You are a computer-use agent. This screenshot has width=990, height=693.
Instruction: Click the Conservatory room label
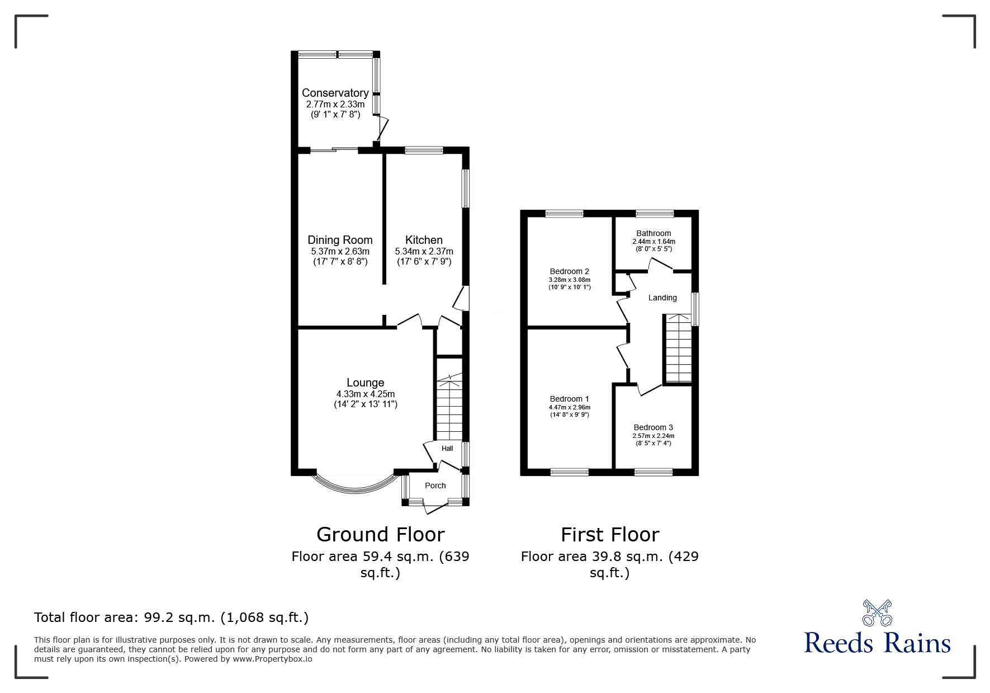335,93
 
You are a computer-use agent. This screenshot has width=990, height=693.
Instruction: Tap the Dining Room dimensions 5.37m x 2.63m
340,252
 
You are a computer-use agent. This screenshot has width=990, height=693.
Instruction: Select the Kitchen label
424,240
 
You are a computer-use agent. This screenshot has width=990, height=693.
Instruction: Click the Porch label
435,485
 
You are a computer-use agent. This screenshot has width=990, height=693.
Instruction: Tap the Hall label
447,449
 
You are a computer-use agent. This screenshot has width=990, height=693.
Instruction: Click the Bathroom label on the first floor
653,233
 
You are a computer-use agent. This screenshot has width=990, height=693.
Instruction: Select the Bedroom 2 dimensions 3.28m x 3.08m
570,280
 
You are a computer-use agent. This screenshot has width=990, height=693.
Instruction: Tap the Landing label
662,298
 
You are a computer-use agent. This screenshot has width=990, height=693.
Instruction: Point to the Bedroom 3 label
653,427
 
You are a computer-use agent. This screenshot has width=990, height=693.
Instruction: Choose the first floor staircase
678,349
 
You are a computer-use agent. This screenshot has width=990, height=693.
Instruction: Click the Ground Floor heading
380,535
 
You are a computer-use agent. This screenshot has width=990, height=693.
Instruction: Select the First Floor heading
610,535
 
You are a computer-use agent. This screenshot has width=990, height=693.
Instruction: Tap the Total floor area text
171,617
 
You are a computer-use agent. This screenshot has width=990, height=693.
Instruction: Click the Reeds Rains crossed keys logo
877,612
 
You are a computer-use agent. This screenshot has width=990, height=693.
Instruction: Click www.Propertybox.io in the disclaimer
273,659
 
